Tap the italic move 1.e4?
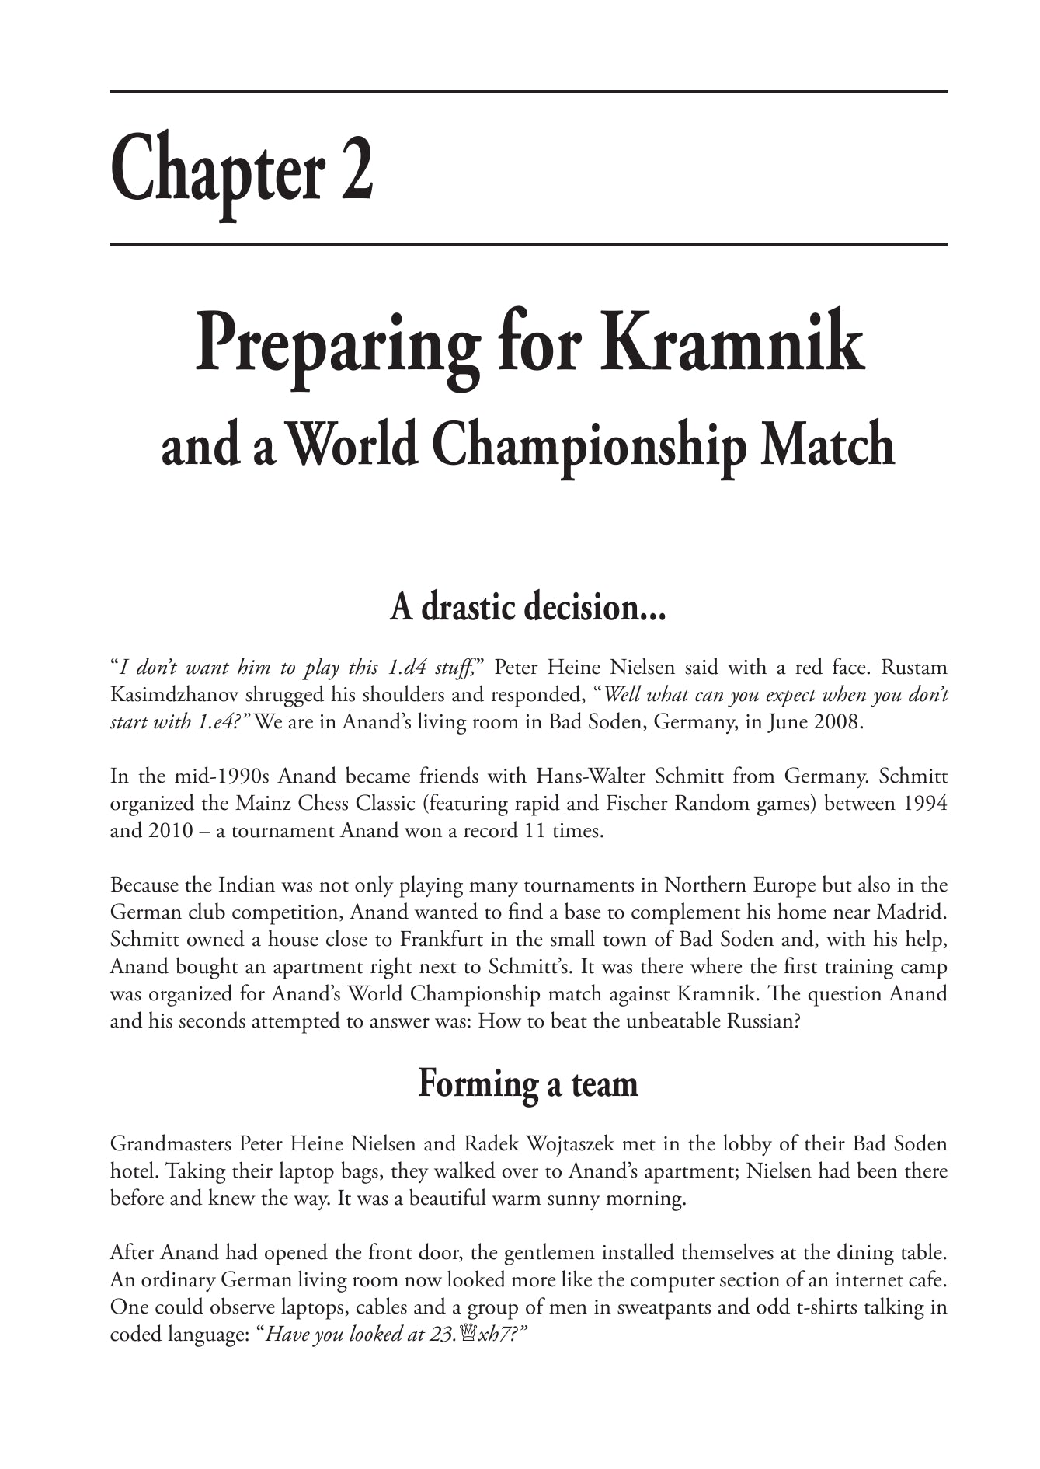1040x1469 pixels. tap(221, 722)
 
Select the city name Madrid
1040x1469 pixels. tap(919, 912)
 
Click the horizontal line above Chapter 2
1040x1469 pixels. tap(528, 92)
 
